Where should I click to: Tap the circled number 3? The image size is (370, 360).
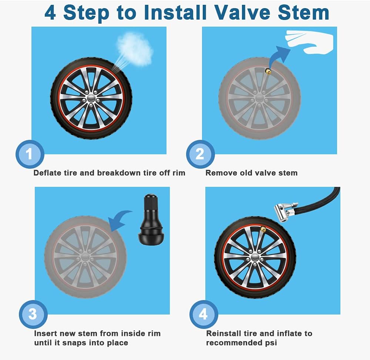tap(33, 314)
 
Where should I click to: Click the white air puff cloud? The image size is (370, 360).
tap(135, 47)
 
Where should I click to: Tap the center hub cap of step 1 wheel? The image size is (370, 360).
tap(91, 98)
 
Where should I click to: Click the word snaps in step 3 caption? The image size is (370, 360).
tap(83, 343)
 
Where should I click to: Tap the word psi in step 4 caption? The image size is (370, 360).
tap(270, 343)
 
